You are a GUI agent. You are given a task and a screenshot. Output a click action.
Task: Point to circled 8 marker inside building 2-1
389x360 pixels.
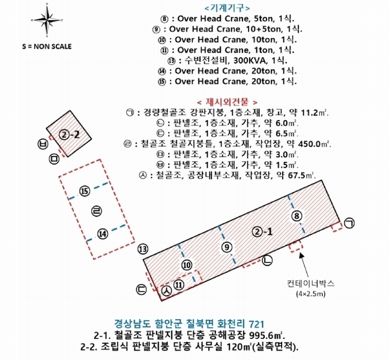[295, 215]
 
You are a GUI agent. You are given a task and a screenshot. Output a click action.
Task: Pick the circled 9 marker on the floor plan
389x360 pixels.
[226, 247]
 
